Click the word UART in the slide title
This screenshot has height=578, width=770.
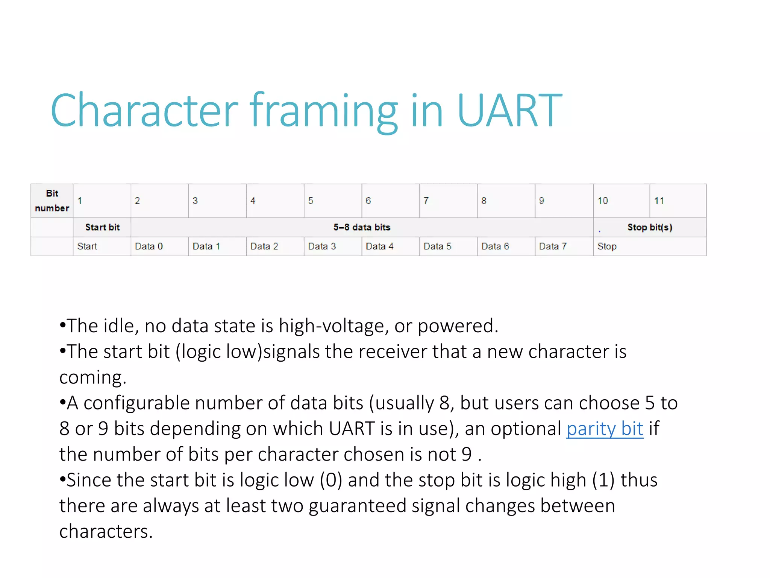click(509, 110)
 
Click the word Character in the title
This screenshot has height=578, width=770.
click(144, 110)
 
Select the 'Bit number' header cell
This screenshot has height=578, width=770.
click(52, 201)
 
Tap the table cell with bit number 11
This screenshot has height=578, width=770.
click(678, 201)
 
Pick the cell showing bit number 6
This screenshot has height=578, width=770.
click(390, 201)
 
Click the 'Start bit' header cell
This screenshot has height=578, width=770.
click(102, 227)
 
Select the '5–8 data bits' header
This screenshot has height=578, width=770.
click(362, 227)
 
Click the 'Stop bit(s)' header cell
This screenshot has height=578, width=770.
click(649, 227)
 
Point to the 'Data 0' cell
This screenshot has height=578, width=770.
click(159, 246)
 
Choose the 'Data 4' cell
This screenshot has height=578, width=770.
click(390, 246)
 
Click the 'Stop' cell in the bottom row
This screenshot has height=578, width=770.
click(649, 246)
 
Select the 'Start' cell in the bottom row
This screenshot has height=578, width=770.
click(102, 246)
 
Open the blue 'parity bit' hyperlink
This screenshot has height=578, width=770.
click(605, 429)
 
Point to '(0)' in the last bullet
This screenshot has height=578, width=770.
click(331, 480)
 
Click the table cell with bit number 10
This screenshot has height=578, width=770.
click(621, 201)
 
